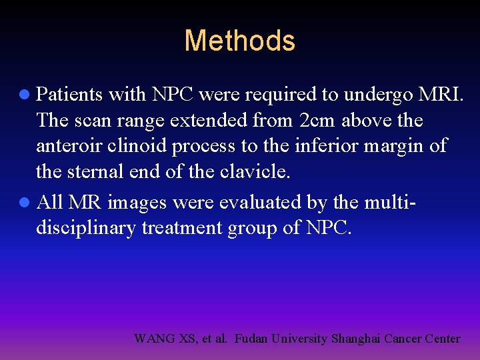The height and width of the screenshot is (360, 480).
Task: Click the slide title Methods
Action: pos(239,41)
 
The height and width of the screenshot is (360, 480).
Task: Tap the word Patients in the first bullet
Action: pos(69,95)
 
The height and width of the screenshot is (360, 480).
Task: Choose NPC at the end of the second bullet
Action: pos(327,227)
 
